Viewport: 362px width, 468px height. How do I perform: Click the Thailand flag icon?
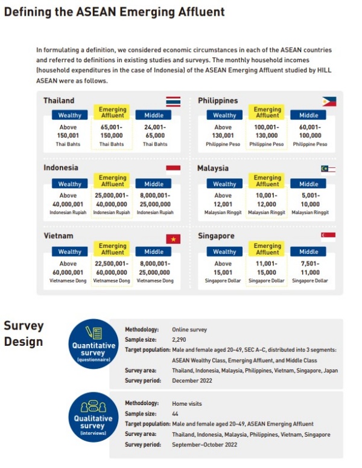click(x=173, y=101)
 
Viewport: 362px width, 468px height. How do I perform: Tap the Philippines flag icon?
click(x=329, y=101)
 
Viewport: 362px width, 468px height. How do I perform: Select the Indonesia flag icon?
click(x=173, y=169)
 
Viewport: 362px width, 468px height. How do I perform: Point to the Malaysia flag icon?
click(x=329, y=169)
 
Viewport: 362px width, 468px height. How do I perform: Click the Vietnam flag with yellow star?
click(x=173, y=238)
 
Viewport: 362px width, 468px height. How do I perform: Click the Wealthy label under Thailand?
click(x=69, y=115)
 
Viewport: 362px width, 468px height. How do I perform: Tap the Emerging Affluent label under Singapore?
click(x=267, y=249)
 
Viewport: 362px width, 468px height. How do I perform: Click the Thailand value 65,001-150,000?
click(x=112, y=132)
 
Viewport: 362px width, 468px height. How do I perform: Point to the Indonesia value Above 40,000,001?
click(x=69, y=200)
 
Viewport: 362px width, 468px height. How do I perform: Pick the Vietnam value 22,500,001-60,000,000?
click(x=112, y=268)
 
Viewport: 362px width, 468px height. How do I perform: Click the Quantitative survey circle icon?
click(x=89, y=343)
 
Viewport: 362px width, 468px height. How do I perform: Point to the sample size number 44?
click(x=176, y=414)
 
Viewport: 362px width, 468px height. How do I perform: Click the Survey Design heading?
click(x=24, y=334)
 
